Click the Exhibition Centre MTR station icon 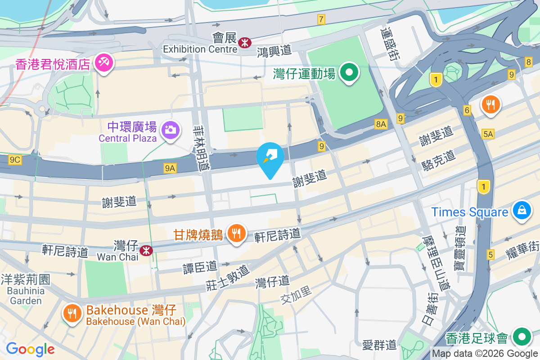click(x=245, y=43)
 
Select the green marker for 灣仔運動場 click(x=348, y=72)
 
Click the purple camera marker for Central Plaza click(x=171, y=130)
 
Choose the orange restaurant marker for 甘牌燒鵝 click(x=236, y=233)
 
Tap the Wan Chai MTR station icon click(x=146, y=250)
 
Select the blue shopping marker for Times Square click(x=522, y=211)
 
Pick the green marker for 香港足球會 click(x=522, y=336)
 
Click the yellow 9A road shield click(x=170, y=168)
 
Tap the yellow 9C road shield click(x=15, y=159)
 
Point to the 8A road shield click(x=381, y=124)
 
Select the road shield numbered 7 click(x=321, y=19)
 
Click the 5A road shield click(x=488, y=134)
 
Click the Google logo click(x=30, y=349)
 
